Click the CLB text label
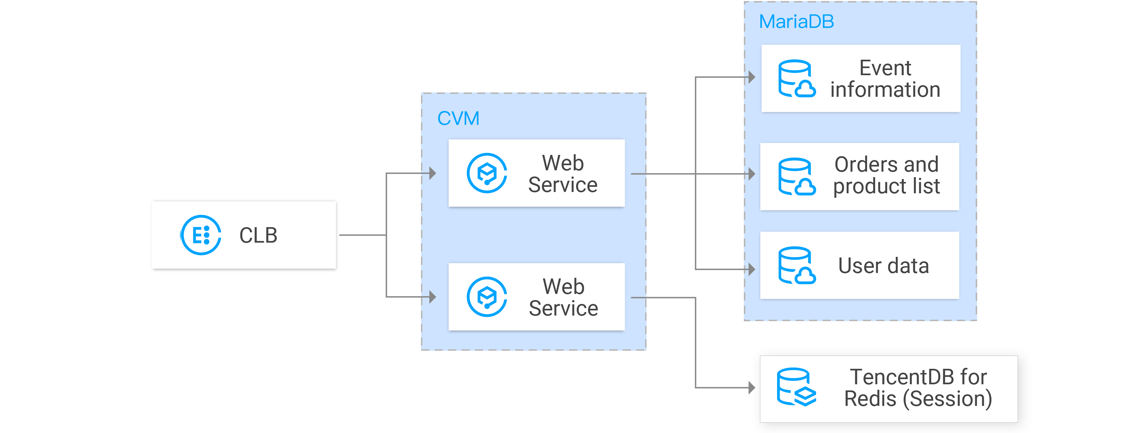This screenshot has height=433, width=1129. tap(258, 235)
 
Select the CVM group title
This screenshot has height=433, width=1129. tap(458, 118)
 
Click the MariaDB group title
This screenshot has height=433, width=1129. tap(796, 22)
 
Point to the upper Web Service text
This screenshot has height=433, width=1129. tap(563, 174)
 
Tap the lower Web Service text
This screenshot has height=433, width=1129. tap(563, 297)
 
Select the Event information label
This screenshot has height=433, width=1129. tap(885, 78)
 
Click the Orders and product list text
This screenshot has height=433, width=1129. tap(886, 175)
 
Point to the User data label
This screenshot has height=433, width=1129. tap(884, 266)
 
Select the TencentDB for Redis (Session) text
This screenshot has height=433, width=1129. tap(918, 388)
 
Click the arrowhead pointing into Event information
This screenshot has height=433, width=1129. tap(752, 77)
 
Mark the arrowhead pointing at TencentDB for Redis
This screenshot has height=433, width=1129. tap(752, 388)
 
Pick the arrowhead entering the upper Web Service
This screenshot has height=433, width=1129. tap(433, 173)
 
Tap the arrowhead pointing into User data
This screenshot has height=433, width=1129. tap(752, 269)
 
